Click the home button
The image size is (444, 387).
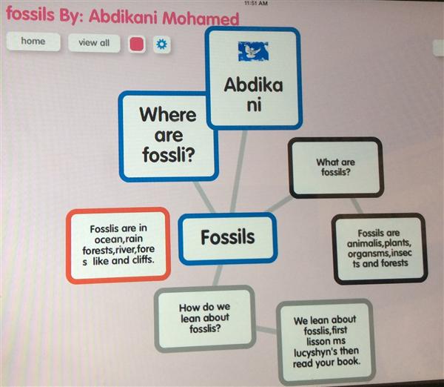pyautogui.click(x=33, y=42)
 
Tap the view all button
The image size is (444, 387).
pyautogui.click(x=94, y=43)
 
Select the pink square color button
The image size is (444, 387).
pyautogui.click(x=137, y=44)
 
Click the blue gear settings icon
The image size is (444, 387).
pyautogui.click(x=161, y=44)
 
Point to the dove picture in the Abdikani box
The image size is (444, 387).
pyautogui.click(x=253, y=51)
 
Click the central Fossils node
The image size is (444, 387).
pyautogui.click(x=228, y=238)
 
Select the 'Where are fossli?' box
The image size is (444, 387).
pyautogui.click(x=168, y=136)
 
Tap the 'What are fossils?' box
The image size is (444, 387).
pyautogui.click(x=336, y=168)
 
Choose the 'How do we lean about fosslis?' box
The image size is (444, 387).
pyautogui.click(x=205, y=319)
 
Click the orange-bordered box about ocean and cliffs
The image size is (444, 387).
pyautogui.click(x=118, y=245)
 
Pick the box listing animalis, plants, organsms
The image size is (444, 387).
pyautogui.click(x=380, y=248)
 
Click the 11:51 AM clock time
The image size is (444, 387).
pyautogui.click(x=256, y=3)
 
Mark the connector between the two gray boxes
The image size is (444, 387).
pyautogui.click(x=266, y=330)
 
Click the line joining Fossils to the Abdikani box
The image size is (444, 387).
pyautogui.click(x=238, y=171)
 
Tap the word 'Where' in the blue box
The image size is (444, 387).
pyautogui.click(x=168, y=115)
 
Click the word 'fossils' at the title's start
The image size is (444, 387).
pyautogui.click(x=30, y=14)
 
